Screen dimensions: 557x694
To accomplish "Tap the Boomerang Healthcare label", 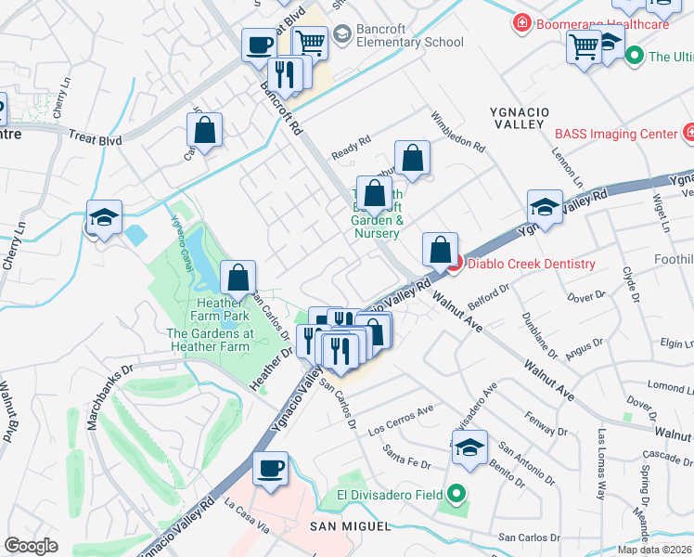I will [x=599, y=23].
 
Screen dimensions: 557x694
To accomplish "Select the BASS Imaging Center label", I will [x=616, y=134].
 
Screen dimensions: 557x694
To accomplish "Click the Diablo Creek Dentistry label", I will [x=531, y=264].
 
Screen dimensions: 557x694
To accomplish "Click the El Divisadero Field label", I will [x=390, y=495].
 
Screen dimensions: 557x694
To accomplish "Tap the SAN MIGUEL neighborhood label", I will [x=357, y=526].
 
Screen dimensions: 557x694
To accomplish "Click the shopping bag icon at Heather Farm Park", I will [x=238, y=277].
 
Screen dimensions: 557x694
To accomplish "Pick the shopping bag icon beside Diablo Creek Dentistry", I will [x=440, y=250].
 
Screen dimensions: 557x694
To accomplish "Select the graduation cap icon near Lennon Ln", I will [x=545, y=207].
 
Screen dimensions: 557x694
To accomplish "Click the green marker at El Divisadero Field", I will [x=455, y=494].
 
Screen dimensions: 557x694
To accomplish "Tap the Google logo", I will [x=32, y=546].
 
